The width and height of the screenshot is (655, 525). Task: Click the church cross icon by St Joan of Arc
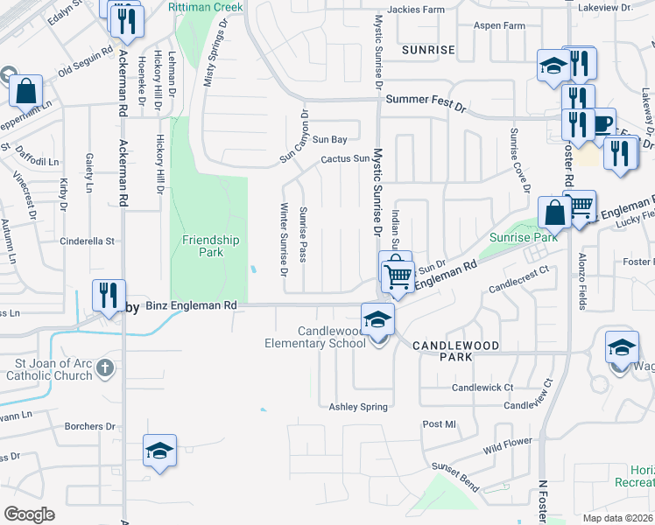[x=104, y=368]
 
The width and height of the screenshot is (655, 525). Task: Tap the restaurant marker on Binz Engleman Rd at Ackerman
[x=109, y=295]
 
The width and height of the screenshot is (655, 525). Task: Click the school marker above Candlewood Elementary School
[x=378, y=321]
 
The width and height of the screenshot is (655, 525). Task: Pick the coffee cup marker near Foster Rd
[x=601, y=123]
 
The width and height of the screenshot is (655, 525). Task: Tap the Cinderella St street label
[x=88, y=241]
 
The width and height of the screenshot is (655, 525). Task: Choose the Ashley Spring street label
[x=357, y=407]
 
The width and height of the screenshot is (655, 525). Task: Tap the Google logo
[x=29, y=514]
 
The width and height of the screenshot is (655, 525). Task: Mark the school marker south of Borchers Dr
[x=160, y=451]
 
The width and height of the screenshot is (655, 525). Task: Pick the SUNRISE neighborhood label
[x=429, y=51]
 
